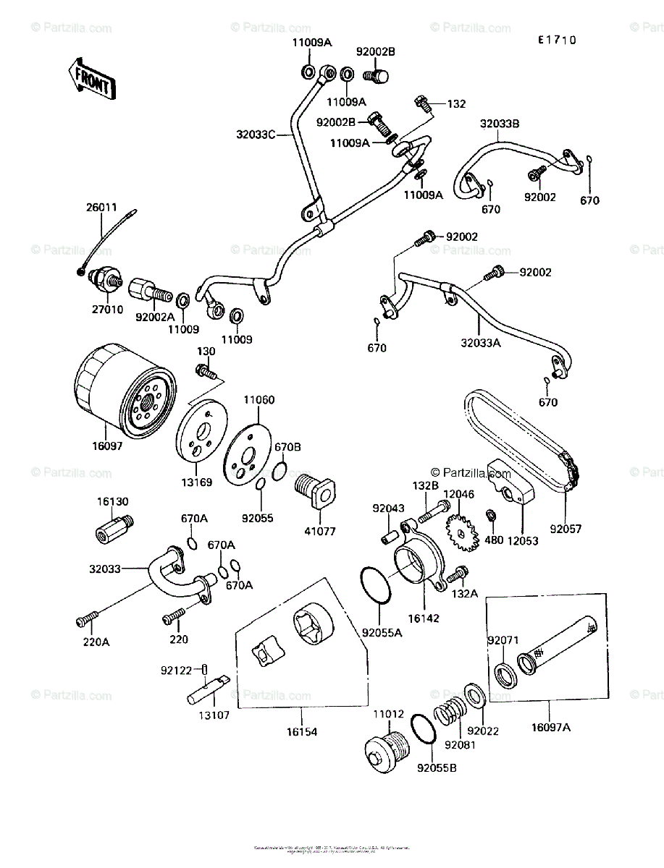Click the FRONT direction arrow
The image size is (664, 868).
pos(91,79)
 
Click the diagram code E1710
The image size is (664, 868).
pos(556,41)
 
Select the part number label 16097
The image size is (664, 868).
pos(108,446)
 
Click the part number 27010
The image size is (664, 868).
pos(108,307)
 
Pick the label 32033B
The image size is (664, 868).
pos(499,124)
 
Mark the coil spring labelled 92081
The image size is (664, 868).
pos(450,715)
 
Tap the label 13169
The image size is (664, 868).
pos(198,482)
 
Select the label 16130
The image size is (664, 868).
pos(112,501)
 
